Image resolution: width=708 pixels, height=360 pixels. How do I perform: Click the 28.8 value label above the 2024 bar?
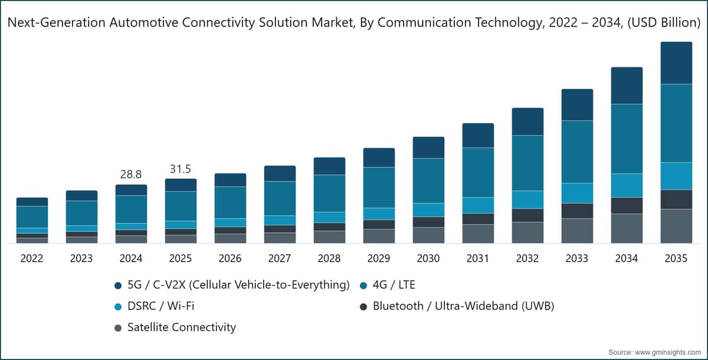[131, 174]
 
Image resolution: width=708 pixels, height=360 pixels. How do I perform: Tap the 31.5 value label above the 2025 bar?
[181, 169]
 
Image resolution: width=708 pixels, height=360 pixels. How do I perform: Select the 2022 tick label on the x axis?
[32, 258]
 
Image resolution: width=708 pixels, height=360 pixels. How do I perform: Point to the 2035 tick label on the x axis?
[676, 258]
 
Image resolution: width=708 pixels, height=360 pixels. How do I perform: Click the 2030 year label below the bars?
[428, 258]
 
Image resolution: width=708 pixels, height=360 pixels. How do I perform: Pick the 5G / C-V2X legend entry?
[232, 285]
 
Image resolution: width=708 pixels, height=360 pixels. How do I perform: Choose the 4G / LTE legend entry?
[388, 285]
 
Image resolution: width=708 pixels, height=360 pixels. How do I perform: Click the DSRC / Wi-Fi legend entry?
[154, 306]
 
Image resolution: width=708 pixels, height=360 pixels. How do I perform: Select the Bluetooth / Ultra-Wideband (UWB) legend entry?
[457, 306]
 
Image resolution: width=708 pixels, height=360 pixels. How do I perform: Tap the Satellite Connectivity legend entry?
[175, 328]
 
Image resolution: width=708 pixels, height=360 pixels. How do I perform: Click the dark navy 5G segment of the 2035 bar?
[676, 63]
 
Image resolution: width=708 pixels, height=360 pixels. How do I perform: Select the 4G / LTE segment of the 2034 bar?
[627, 139]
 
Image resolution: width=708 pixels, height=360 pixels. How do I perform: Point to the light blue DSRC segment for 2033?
[577, 193]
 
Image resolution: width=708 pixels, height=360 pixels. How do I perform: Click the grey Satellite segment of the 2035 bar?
[676, 226]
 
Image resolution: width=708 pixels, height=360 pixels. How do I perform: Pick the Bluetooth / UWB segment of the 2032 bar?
[528, 215]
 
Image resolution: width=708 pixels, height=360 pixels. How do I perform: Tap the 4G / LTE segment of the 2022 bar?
[32, 217]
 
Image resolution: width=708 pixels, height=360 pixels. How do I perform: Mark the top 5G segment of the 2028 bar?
[329, 166]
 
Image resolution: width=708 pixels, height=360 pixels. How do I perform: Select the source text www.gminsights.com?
[668, 352]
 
